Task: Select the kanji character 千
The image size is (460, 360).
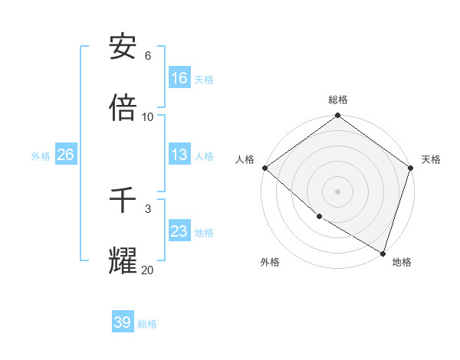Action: pyautogui.click(x=123, y=201)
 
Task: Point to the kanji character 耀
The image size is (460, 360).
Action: pyautogui.click(x=123, y=261)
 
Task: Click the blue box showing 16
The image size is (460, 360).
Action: pyautogui.click(x=179, y=77)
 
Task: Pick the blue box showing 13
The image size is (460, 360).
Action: pyautogui.click(x=179, y=155)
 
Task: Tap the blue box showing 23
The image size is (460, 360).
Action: pyautogui.click(x=179, y=231)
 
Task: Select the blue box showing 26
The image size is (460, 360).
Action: pyautogui.click(x=65, y=155)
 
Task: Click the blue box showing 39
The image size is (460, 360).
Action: pyautogui.click(x=123, y=322)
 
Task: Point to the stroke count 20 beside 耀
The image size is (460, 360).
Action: pyautogui.click(x=147, y=269)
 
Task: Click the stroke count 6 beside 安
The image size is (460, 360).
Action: pyautogui.click(x=148, y=55)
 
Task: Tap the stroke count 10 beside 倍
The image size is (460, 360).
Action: pyautogui.click(x=148, y=116)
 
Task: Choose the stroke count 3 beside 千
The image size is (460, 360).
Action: pyautogui.click(x=148, y=208)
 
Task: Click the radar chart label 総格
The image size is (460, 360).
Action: pyautogui.click(x=338, y=100)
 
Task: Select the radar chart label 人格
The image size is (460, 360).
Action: pyautogui.click(x=245, y=159)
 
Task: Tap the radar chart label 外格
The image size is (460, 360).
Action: pyautogui.click(x=270, y=262)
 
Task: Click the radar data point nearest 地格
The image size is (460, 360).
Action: pyautogui.click(x=383, y=253)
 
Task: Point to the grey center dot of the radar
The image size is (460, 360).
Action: pyautogui.click(x=338, y=191)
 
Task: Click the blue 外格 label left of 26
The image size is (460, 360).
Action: pyautogui.click(x=41, y=155)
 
